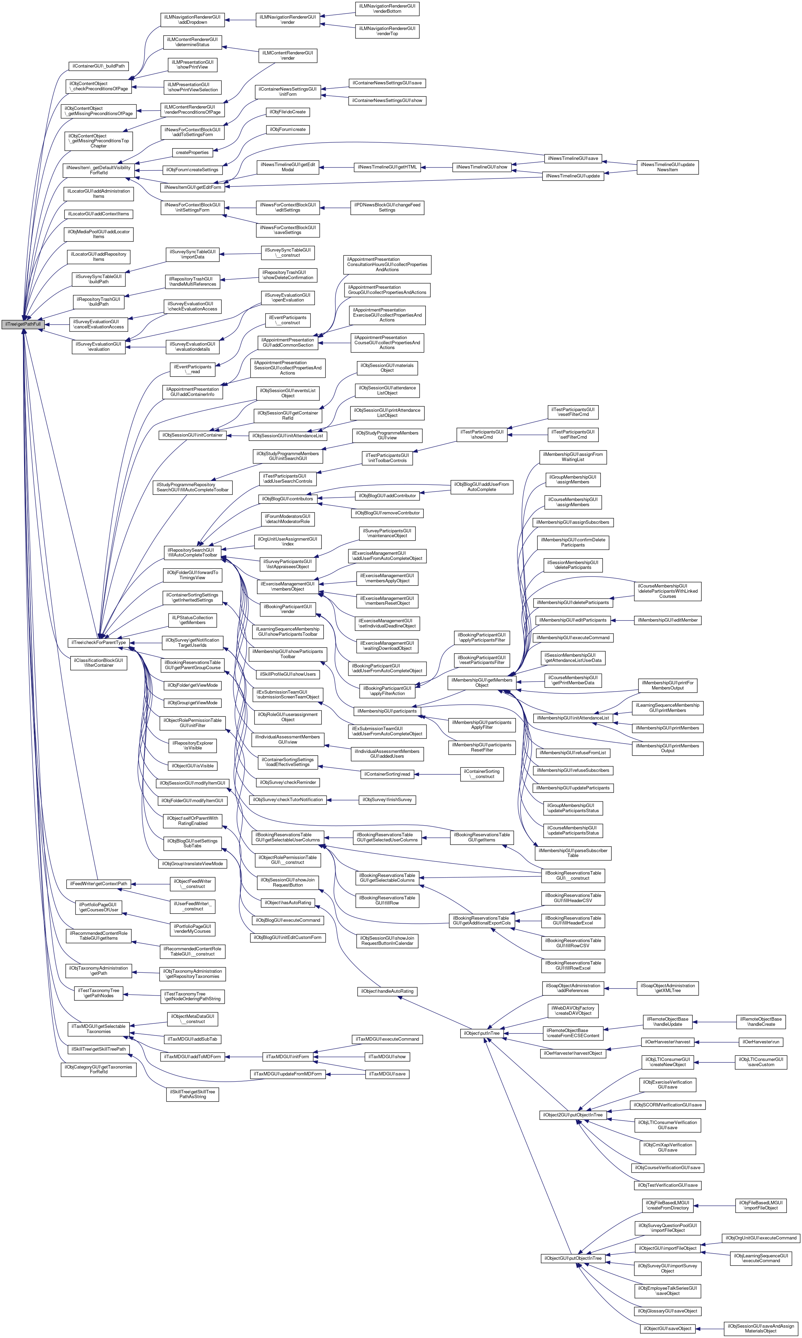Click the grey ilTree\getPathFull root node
(x=22, y=324)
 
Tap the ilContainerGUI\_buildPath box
(x=99, y=66)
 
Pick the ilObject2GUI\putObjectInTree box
(x=572, y=1115)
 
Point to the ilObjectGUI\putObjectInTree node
(x=572, y=1258)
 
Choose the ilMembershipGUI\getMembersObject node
(x=482, y=683)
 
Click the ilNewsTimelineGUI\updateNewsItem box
(x=667, y=167)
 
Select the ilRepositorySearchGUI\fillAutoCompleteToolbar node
(x=192, y=552)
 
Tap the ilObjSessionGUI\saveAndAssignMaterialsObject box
(x=760, y=1328)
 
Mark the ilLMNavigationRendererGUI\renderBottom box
(x=387, y=8)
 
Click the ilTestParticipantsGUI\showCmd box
(x=482, y=435)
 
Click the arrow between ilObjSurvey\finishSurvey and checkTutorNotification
(x=343, y=800)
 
